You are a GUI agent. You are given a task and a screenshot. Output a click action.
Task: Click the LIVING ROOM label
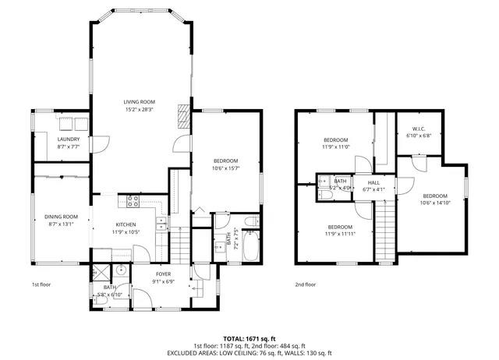140,101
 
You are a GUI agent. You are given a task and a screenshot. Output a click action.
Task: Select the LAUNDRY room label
69,139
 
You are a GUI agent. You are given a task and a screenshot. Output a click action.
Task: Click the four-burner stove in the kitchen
133,201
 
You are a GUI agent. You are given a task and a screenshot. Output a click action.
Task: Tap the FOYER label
163,274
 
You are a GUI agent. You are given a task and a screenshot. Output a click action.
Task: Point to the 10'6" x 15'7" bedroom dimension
225,168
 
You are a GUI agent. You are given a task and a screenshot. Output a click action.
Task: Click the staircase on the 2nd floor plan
384,230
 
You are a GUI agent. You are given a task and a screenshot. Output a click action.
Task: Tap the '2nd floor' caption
306,285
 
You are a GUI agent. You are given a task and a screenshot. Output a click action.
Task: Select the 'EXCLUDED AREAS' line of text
249,353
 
